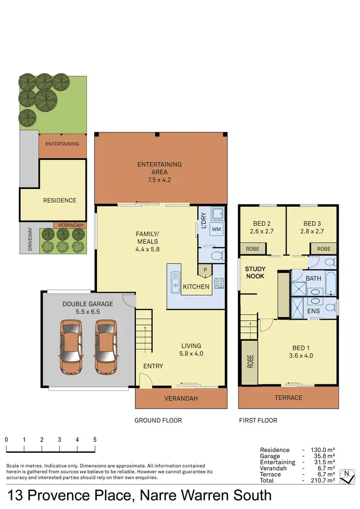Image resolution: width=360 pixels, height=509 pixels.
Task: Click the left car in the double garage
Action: click(x=71, y=347)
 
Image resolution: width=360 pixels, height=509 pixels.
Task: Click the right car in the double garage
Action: click(x=105, y=347)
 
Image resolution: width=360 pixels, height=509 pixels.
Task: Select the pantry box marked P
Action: click(x=205, y=271)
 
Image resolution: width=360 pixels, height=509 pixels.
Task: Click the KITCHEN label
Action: click(x=196, y=287)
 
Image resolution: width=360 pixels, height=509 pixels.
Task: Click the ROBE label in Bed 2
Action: click(x=252, y=249)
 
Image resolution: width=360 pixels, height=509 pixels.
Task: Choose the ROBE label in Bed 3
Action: click(x=324, y=249)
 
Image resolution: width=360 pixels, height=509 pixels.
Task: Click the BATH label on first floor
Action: click(x=313, y=278)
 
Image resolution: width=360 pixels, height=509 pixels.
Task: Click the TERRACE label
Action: click(x=288, y=398)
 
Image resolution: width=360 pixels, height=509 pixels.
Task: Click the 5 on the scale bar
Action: click(x=95, y=439)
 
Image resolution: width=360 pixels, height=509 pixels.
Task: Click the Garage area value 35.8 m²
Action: click(x=324, y=456)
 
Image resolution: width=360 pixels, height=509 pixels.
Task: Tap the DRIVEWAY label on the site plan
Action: click(x=29, y=237)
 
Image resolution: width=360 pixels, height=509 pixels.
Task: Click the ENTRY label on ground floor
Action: click(x=153, y=366)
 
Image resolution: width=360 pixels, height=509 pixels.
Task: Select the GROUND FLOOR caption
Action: click(x=158, y=421)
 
